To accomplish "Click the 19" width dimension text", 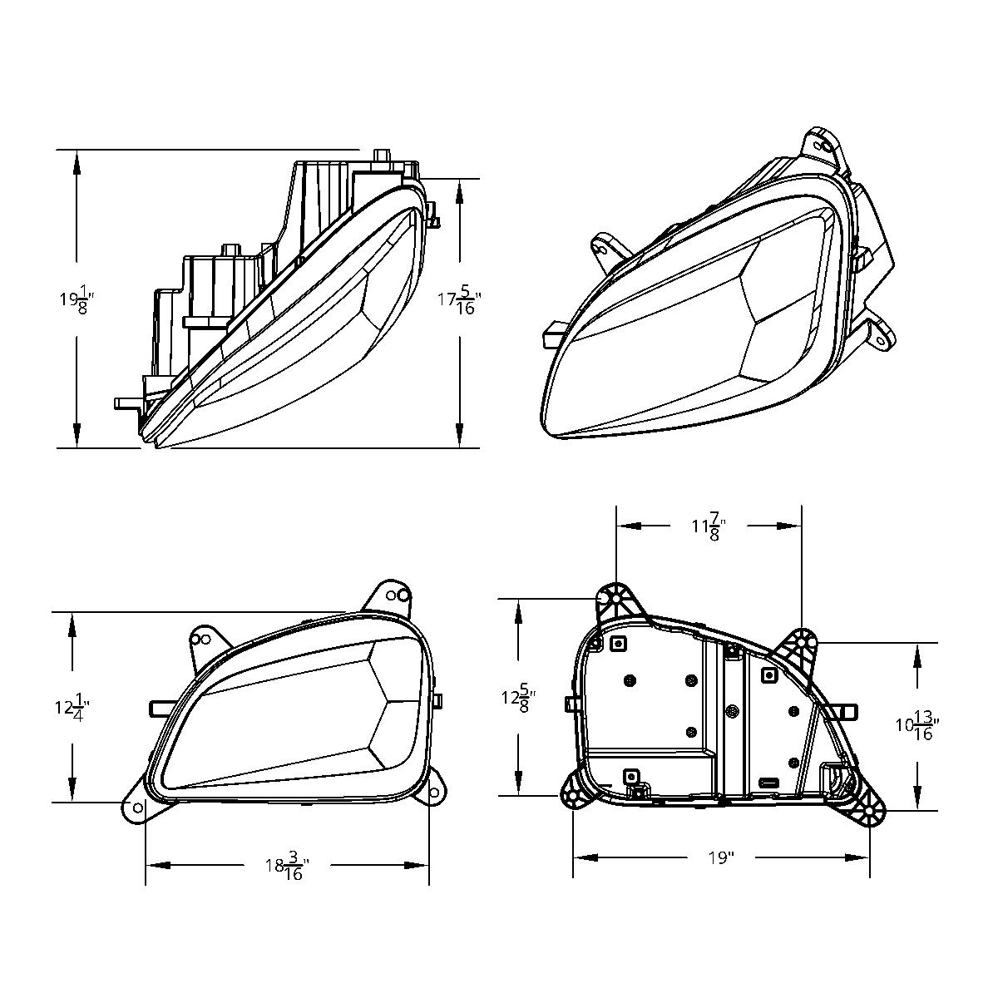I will click(x=721, y=857).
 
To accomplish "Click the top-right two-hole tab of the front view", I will click(x=393, y=596).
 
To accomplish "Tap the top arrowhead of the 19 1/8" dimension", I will click(x=77, y=162).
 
